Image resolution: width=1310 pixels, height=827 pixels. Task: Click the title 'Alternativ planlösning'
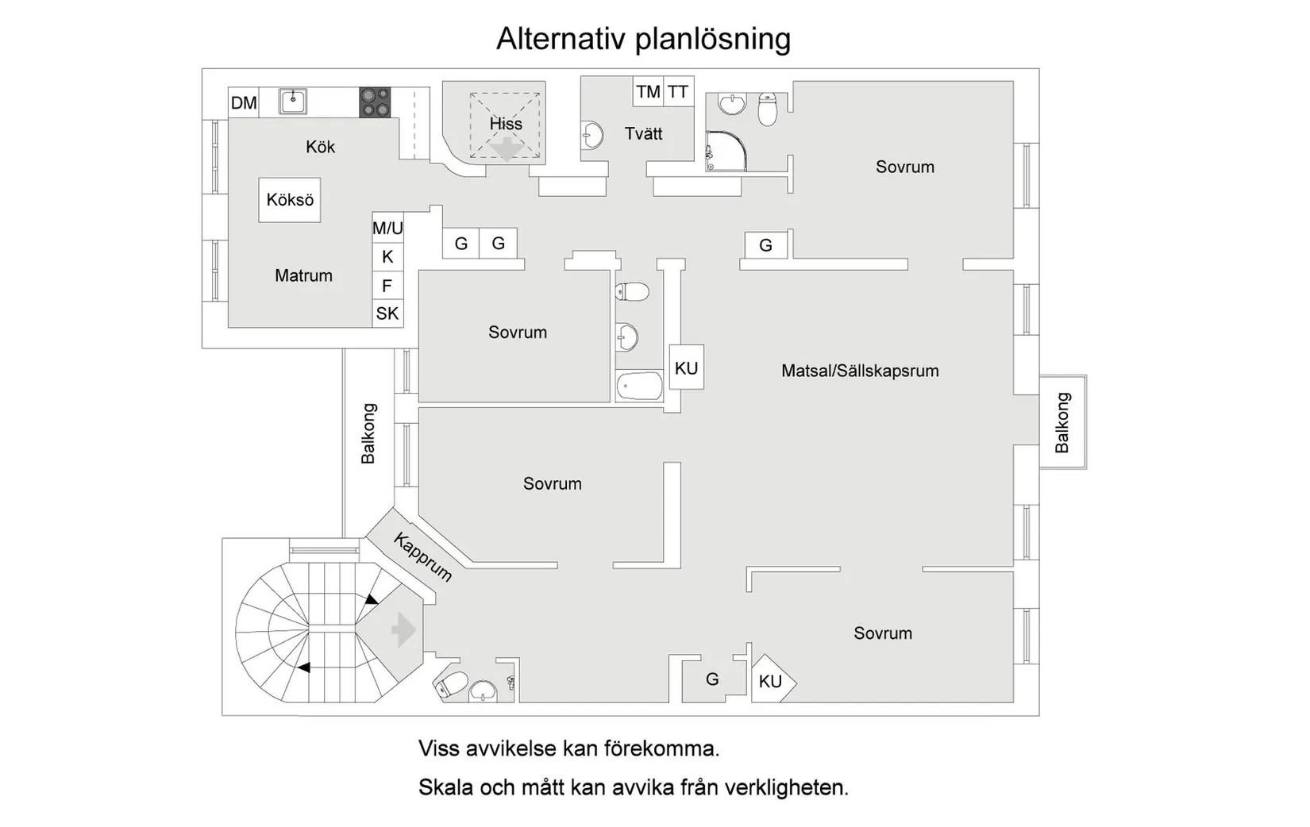coord(643,38)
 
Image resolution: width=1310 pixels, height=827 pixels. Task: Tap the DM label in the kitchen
coord(244,102)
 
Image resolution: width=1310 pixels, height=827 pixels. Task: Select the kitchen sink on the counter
coord(293,101)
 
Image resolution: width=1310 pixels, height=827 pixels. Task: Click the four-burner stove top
coord(375,102)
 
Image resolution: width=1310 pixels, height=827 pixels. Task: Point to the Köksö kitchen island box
coord(290,200)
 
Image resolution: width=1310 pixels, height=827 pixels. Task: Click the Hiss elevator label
coord(506,124)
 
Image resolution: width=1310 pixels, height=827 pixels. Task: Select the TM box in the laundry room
coord(648,91)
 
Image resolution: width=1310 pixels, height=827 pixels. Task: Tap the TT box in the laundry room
coord(678,91)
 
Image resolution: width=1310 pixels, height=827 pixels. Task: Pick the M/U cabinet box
coord(387,228)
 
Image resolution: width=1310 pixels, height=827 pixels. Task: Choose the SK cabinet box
coord(387,313)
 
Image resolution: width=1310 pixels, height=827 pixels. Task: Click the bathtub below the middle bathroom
coord(640,387)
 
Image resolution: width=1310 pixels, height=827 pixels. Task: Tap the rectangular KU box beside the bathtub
coord(686,367)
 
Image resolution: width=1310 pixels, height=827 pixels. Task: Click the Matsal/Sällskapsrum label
coord(860,371)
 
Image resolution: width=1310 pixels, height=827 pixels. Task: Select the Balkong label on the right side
coord(1062,422)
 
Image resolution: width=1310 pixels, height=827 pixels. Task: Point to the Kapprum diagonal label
coord(423,557)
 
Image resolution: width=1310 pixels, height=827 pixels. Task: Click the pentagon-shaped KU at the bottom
coord(772,681)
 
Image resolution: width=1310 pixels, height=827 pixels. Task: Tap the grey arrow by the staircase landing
coord(403,630)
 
